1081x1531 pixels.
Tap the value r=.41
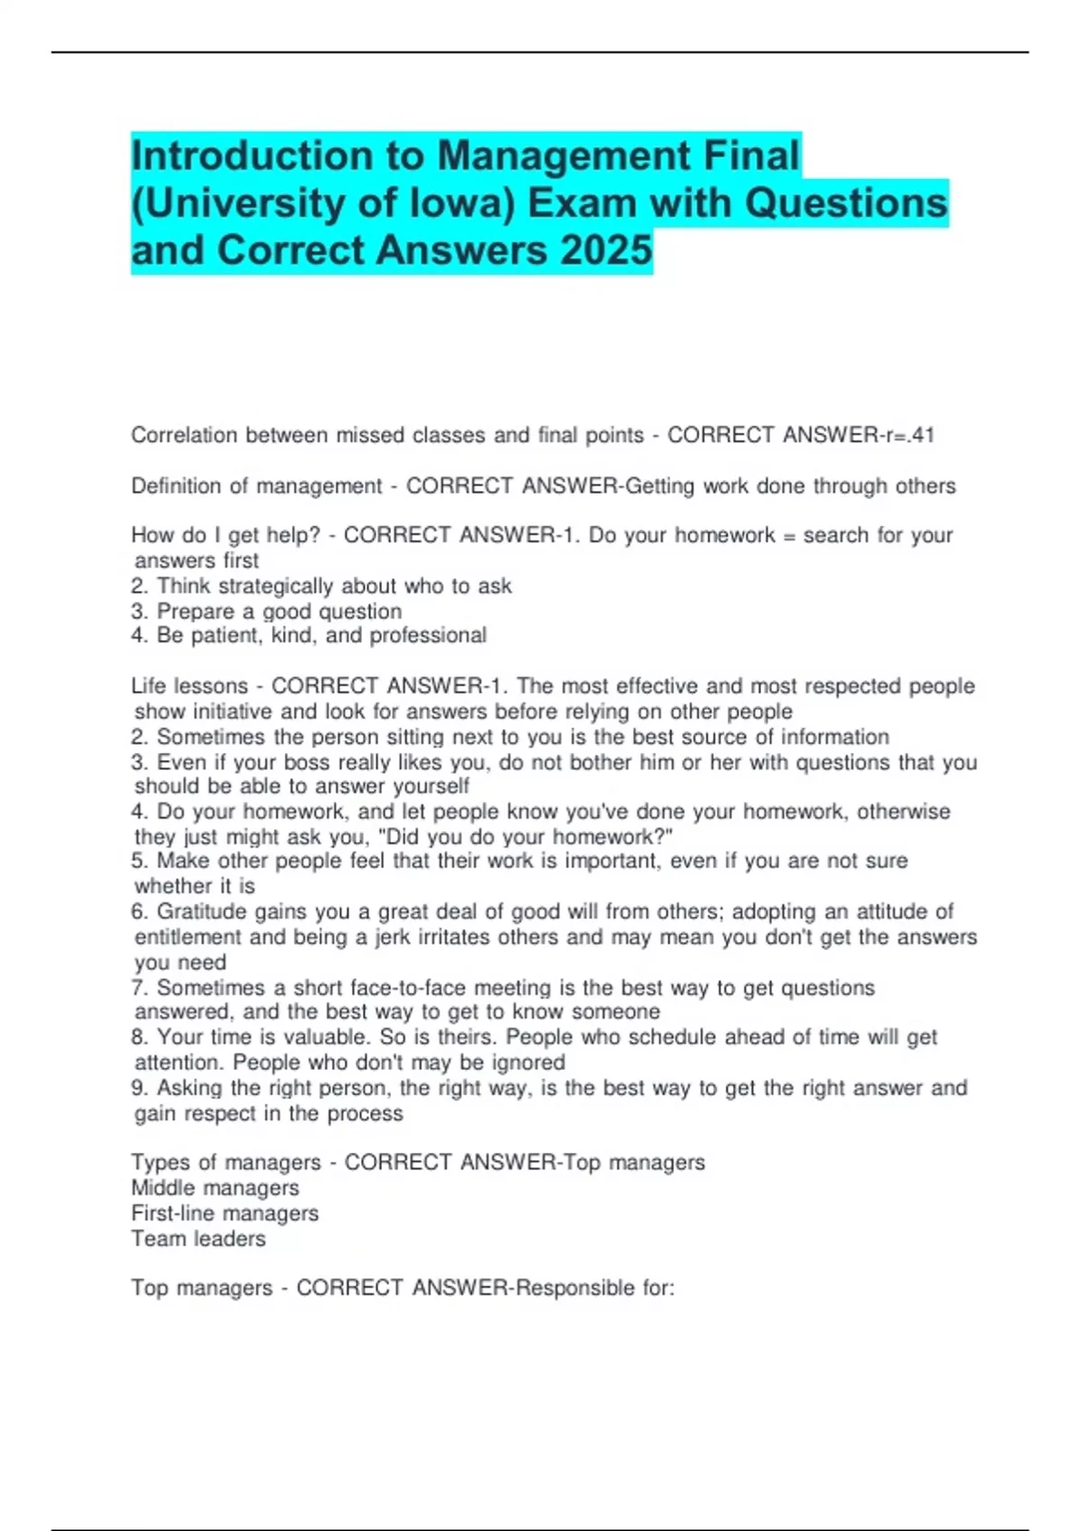[x=906, y=436]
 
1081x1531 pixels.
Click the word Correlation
[x=185, y=436]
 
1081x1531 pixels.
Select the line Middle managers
[x=215, y=1189]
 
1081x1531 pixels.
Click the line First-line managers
[x=225, y=1214]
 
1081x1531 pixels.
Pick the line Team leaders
[x=198, y=1239]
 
